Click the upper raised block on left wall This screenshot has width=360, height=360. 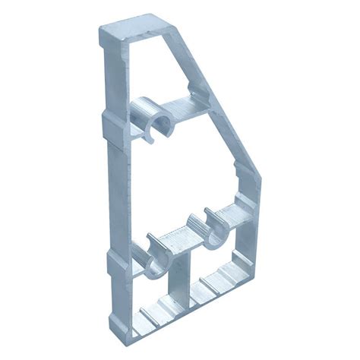pyautogui.click(x=110, y=125)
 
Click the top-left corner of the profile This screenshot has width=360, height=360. pyautogui.click(x=102, y=30)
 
